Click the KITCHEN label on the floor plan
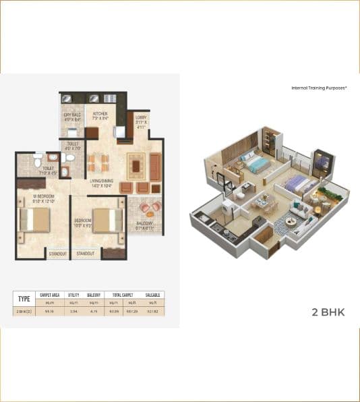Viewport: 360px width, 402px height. coord(100,115)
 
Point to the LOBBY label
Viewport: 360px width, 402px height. coord(141,119)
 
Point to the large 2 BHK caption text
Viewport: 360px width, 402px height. coord(324,313)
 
